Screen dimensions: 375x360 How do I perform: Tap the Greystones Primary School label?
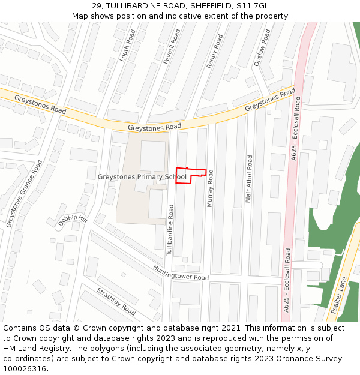(x=142, y=177)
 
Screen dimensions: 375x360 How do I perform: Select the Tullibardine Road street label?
(x=170, y=230)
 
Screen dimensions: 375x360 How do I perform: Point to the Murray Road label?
(x=211, y=188)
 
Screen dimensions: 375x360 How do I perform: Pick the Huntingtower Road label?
(x=180, y=273)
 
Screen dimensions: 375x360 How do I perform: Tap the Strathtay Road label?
(x=116, y=301)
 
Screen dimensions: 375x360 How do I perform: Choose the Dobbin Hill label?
(x=73, y=221)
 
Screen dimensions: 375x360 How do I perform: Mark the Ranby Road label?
(x=214, y=51)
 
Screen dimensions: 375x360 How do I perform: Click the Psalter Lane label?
(x=339, y=295)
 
